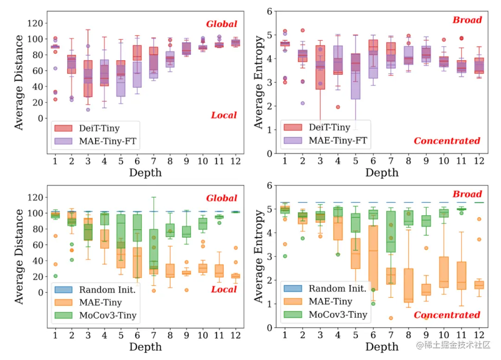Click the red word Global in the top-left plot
(221, 24)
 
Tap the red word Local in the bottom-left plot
(224, 289)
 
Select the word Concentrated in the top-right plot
(447, 141)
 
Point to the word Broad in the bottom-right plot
(467, 194)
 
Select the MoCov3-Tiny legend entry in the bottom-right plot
(337, 315)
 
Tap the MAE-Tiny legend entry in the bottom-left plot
(99, 302)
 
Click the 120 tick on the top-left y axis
(37, 23)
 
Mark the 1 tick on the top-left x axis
(55, 161)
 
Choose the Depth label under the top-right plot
(381, 173)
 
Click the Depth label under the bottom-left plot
(145, 347)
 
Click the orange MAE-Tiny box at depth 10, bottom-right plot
(444, 272)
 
